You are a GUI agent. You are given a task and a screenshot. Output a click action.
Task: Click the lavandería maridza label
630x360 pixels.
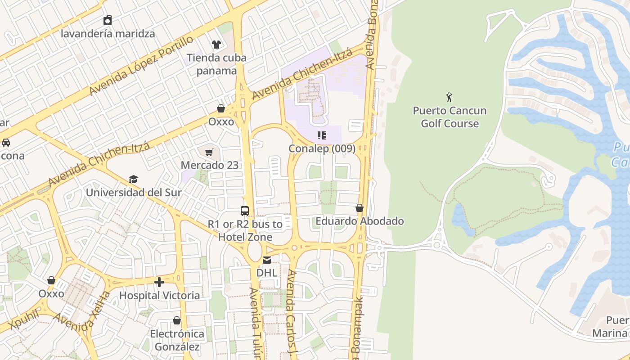(x=108, y=34)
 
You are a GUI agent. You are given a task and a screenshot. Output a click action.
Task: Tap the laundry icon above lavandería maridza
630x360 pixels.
(x=108, y=20)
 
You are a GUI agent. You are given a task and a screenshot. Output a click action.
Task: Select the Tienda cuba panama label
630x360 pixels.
(x=216, y=64)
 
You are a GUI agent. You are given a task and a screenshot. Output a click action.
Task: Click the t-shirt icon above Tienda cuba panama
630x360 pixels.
(x=216, y=44)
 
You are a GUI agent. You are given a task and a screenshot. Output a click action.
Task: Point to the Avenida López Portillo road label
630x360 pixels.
(x=141, y=66)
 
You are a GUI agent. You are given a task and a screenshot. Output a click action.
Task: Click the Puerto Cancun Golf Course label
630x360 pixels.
(x=450, y=117)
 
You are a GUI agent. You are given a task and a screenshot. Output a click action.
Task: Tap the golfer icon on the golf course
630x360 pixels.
(x=449, y=97)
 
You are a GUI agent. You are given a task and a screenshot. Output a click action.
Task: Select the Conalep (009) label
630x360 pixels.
(x=322, y=148)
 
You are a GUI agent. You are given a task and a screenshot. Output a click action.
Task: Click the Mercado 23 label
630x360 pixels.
(x=210, y=165)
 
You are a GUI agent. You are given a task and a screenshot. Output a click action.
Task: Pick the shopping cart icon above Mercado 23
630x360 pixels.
(x=209, y=152)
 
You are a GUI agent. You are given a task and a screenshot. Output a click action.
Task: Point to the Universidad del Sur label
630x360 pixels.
(x=134, y=193)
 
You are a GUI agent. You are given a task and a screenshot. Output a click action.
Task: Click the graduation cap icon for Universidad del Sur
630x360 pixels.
(x=133, y=180)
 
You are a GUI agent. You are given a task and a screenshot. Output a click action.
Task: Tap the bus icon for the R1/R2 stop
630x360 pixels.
(x=245, y=211)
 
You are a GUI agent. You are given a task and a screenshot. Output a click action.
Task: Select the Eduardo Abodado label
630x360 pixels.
(x=360, y=221)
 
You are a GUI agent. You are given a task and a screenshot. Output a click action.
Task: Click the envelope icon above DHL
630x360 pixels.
(x=267, y=260)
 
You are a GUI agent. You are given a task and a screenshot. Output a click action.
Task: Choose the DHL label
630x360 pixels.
(x=267, y=273)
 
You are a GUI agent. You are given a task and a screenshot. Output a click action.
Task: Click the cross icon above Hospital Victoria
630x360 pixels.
(x=159, y=282)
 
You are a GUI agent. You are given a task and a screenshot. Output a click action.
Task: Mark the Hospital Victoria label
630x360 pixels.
(x=159, y=296)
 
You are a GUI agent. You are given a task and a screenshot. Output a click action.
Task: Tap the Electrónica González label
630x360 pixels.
(x=177, y=341)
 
